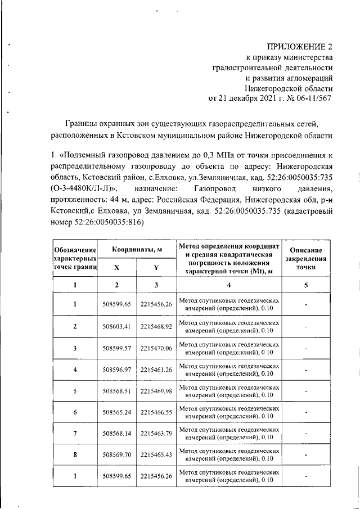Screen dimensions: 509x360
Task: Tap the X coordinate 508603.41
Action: [117, 327]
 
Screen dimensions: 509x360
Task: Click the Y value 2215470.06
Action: [156, 348]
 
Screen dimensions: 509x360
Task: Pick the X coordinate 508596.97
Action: [117, 370]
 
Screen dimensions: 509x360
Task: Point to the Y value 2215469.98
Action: [156, 391]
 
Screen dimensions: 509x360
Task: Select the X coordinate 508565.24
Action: [117, 413]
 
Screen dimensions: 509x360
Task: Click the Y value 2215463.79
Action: [156, 434]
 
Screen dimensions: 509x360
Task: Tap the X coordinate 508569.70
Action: [117, 456]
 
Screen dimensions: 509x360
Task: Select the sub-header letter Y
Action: [156, 268]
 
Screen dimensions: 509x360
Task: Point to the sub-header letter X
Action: [117, 268]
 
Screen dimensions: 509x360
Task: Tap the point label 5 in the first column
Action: [75, 391]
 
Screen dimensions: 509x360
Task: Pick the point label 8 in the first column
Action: [75, 456]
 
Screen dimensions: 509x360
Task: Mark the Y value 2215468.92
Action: [156, 327]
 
